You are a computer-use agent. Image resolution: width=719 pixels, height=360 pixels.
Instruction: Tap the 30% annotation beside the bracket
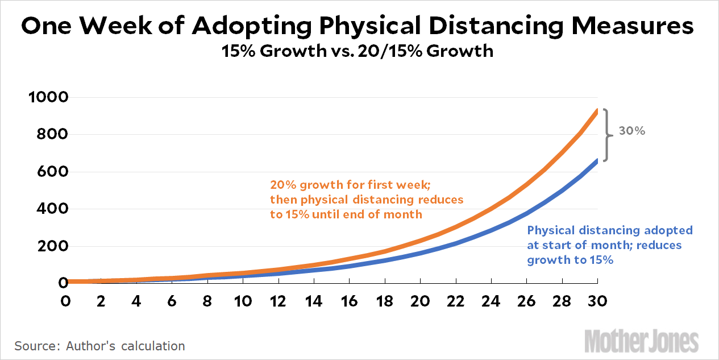[x=632, y=131]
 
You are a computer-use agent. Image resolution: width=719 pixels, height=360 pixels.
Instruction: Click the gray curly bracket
[x=607, y=135]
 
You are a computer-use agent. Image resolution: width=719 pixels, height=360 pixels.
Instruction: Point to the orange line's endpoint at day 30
[x=597, y=110]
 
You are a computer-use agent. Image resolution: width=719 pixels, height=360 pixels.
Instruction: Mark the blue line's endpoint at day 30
[x=597, y=160]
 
